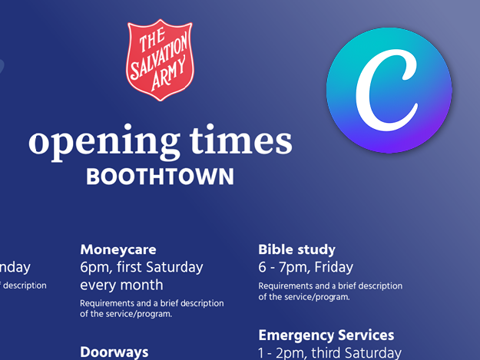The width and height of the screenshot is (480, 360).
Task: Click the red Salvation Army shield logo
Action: pyautogui.click(x=160, y=61)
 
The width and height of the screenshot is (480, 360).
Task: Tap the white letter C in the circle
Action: pyautogui.click(x=389, y=91)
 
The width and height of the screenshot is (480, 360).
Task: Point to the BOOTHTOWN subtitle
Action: pyautogui.click(x=160, y=177)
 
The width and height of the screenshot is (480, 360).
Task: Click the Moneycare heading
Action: pyautogui.click(x=118, y=249)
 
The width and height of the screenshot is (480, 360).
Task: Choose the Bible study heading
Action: pyautogui.click(x=296, y=249)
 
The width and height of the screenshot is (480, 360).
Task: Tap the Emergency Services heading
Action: pyautogui.click(x=326, y=335)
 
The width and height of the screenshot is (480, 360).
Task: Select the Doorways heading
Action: pyautogui.click(x=114, y=352)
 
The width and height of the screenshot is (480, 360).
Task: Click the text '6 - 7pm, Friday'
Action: pyautogui.click(x=306, y=267)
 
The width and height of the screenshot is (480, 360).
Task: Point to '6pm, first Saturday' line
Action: pyautogui.click(x=141, y=267)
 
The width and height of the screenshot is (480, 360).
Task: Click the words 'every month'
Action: pyautogui.click(x=121, y=285)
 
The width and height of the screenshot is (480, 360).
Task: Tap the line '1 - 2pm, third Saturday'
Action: pyautogui.click(x=329, y=353)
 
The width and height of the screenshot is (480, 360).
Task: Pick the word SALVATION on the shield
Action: pyautogui.click(x=160, y=60)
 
